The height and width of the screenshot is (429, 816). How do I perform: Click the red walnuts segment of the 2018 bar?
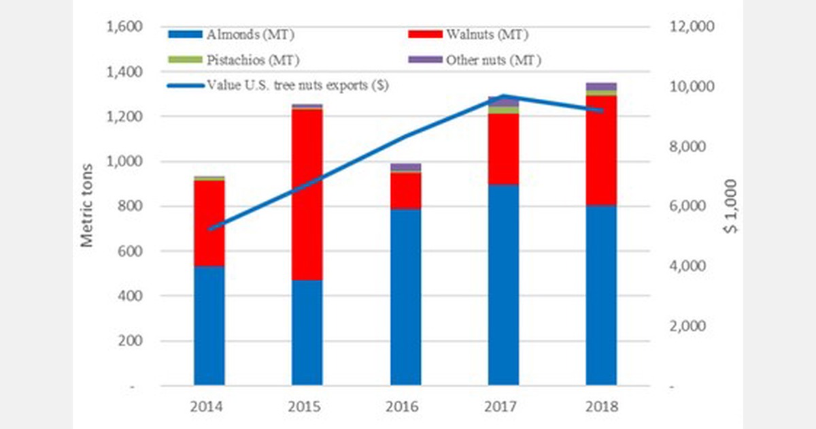coord(601,150)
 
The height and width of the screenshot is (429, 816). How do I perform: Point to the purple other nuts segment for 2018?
coord(601,86)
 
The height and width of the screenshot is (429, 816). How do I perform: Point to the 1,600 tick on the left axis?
coord(123,27)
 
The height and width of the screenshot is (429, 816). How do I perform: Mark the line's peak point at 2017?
coord(503,96)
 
